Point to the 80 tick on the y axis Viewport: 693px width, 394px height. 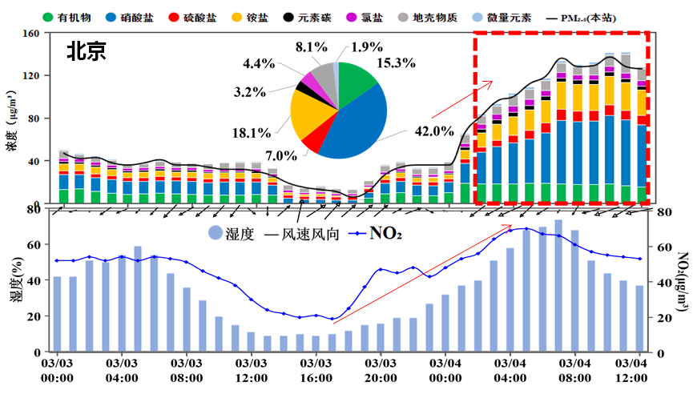click(34, 119)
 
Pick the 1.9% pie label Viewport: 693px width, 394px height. click(370, 47)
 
